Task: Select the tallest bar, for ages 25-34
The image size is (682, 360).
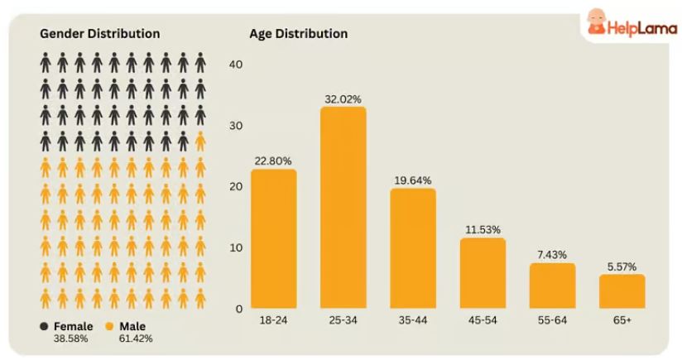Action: coord(343,207)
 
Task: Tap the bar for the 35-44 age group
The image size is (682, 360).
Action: coord(412,248)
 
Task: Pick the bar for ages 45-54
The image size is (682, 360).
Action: coord(483,273)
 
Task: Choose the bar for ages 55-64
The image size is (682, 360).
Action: coord(552,286)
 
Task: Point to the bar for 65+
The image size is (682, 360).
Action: coord(622,291)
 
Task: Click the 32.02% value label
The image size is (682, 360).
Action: coord(343,99)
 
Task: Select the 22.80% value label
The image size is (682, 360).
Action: coord(273,161)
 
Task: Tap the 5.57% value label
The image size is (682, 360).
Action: coord(622,267)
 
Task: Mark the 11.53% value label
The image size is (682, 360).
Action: coord(483,230)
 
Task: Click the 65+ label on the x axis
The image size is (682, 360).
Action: coord(622,319)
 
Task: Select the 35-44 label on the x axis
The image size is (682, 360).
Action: coord(412,319)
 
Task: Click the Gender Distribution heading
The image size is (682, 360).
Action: coord(100,34)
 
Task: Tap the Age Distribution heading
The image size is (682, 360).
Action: coord(298,34)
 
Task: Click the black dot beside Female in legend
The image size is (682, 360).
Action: coord(44,326)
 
